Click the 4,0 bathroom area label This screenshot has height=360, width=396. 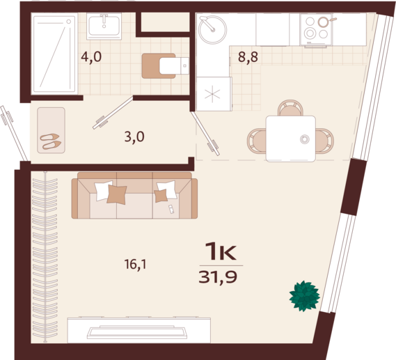(91, 57)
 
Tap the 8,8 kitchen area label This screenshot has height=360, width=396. (248, 57)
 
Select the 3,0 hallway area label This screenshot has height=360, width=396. (134, 137)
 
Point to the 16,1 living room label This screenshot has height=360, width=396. (136, 265)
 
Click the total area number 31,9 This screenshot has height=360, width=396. (218, 277)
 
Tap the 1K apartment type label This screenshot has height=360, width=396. (221, 251)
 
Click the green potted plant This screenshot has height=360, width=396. (305, 296)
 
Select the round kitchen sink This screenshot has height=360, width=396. (212, 29)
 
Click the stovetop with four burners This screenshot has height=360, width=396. (317, 29)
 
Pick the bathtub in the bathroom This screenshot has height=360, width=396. (54, 54)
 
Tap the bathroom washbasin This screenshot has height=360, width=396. (104, 26)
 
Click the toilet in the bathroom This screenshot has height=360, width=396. (166, 65)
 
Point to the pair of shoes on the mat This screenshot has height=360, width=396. (51, 141)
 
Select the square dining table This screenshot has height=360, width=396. (291, 139)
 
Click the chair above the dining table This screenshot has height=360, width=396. (290, 108)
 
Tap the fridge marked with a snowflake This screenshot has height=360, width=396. (214, 94)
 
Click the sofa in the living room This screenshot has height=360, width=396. (134, 195)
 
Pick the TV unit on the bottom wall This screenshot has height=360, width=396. (139, 330)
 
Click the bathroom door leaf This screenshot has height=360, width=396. (113, 113)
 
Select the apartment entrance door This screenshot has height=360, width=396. (14, 134)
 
